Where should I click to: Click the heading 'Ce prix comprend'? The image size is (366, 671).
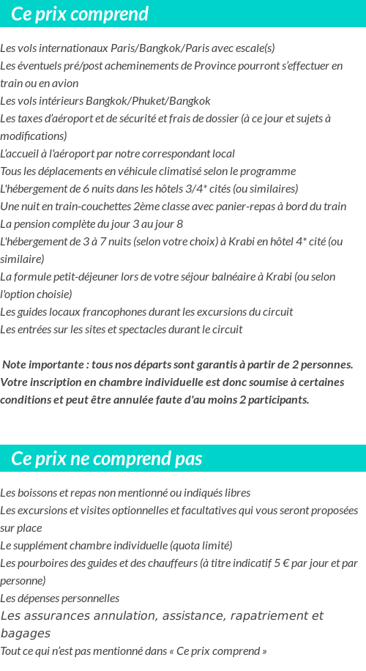80,14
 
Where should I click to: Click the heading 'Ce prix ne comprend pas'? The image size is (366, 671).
107,459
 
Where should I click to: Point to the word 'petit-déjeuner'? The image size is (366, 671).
87,277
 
